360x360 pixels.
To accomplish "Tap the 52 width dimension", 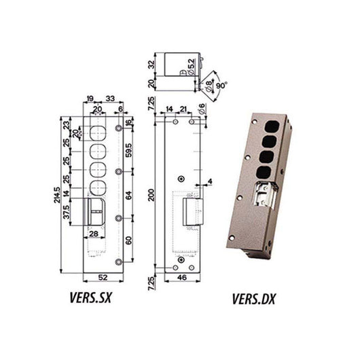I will tap(103, 278).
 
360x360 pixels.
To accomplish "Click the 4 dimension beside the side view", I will tap(211, 181).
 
